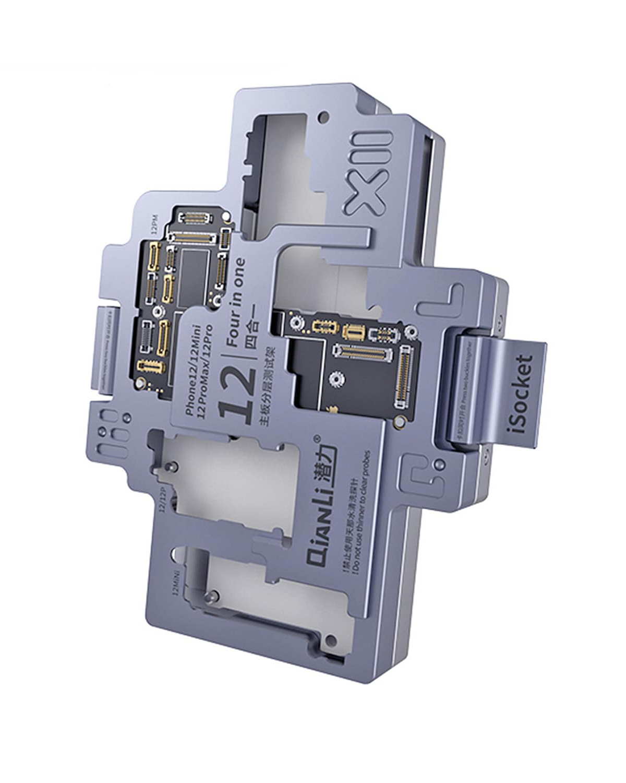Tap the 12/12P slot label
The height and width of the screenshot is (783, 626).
click(163, 502)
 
